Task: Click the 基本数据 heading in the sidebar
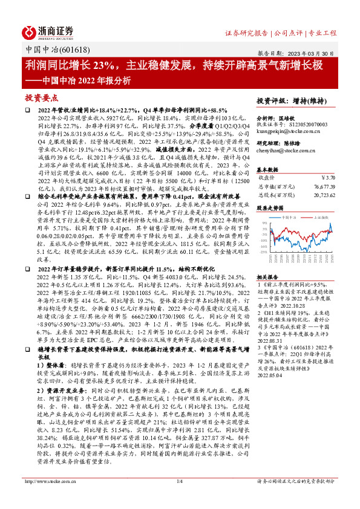click(269, 169)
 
